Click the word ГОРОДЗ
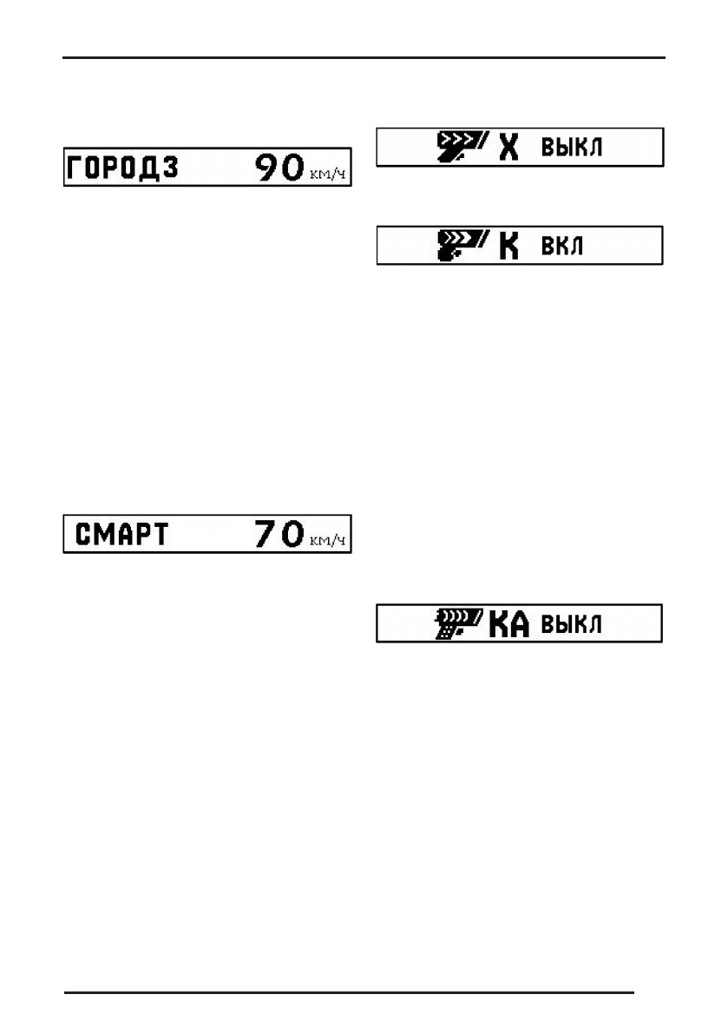pyautogui.click(x=122, y=168)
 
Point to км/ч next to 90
pyautogui.click(x=328, y=175)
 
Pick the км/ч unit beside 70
pyautogui.click(x=328, y=541)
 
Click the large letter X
pyautogui.click(x=509, y=148)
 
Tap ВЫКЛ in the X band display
pyautogui.click(x=572, y=148)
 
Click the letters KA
pyautogui.click(x=508, y=625)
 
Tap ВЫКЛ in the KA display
pyautogui.click(x=572, y=625)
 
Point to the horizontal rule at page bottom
pyautogui.click(x=351, y=991)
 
